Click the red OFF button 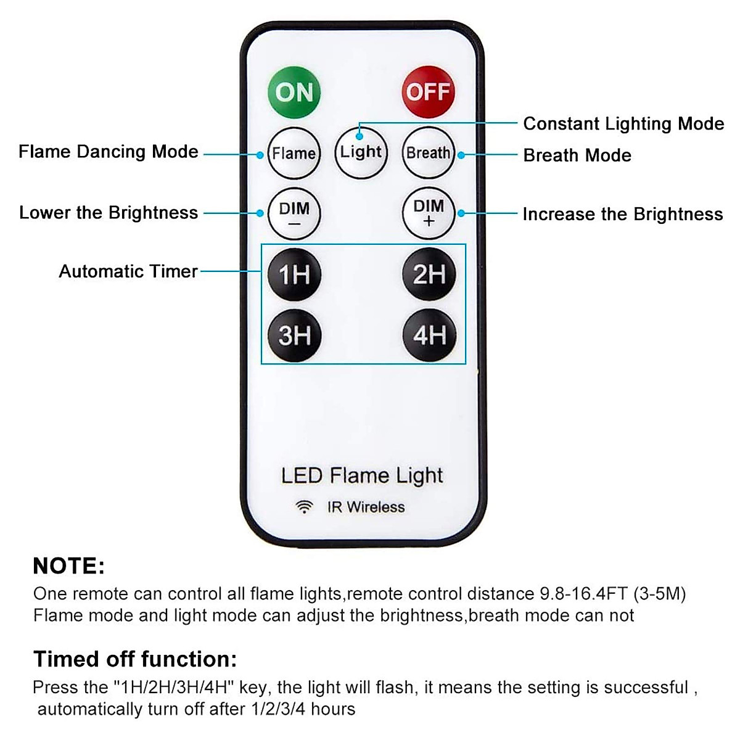click(x=428, y=92)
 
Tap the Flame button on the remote click(x=294, y=153)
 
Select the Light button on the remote click(x=361, y=152)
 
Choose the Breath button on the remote click(x=429, y=153)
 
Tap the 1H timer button click(x=294, y=274)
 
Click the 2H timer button click(x=429, y=274)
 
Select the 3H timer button click(x=294, y=335)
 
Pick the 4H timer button click(x=429, y=335)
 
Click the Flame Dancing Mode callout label click(x=109, y=152)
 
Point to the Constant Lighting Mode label click(x=623, y=124)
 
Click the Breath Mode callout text click(x=577, y=155)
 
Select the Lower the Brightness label click(x=109, y=213)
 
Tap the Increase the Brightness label click(x=623, y=214)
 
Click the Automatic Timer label click(x=128, y=271)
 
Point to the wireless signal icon click(x=303, y=507)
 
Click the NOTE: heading click(x=68, y=566)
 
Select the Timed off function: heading click(x=135, y=659)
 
